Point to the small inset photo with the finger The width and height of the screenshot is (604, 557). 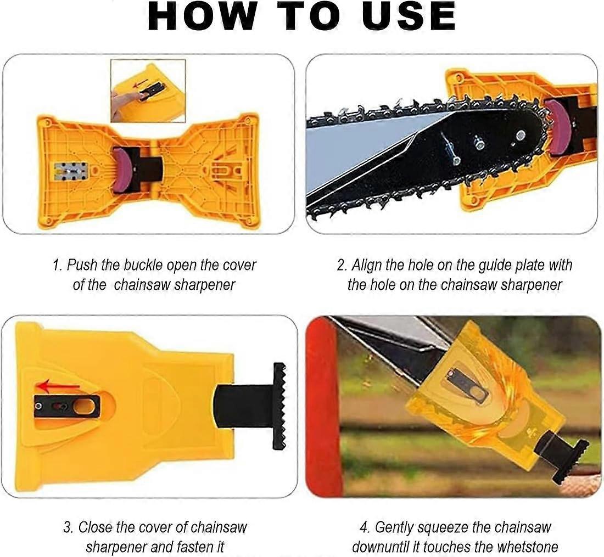coord(148,91)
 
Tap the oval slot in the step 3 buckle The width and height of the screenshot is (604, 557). coord(84,407)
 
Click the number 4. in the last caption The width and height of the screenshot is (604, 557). coord(365,527)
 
